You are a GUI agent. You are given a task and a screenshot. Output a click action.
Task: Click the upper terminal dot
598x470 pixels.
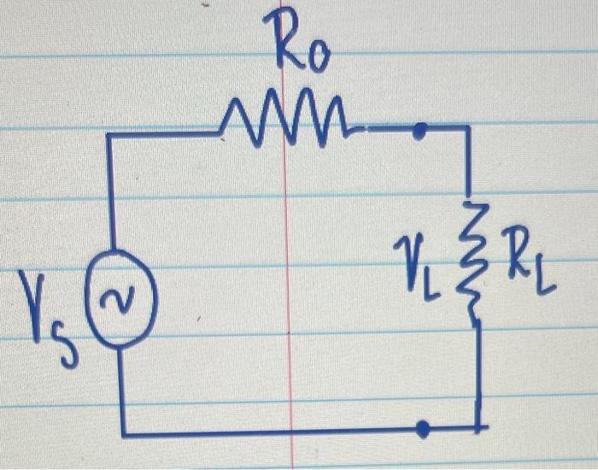pyautogui.click(x=419, y=130)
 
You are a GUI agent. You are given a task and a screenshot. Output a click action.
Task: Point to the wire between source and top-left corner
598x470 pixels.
pyautogui.click(x=109, y=197)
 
